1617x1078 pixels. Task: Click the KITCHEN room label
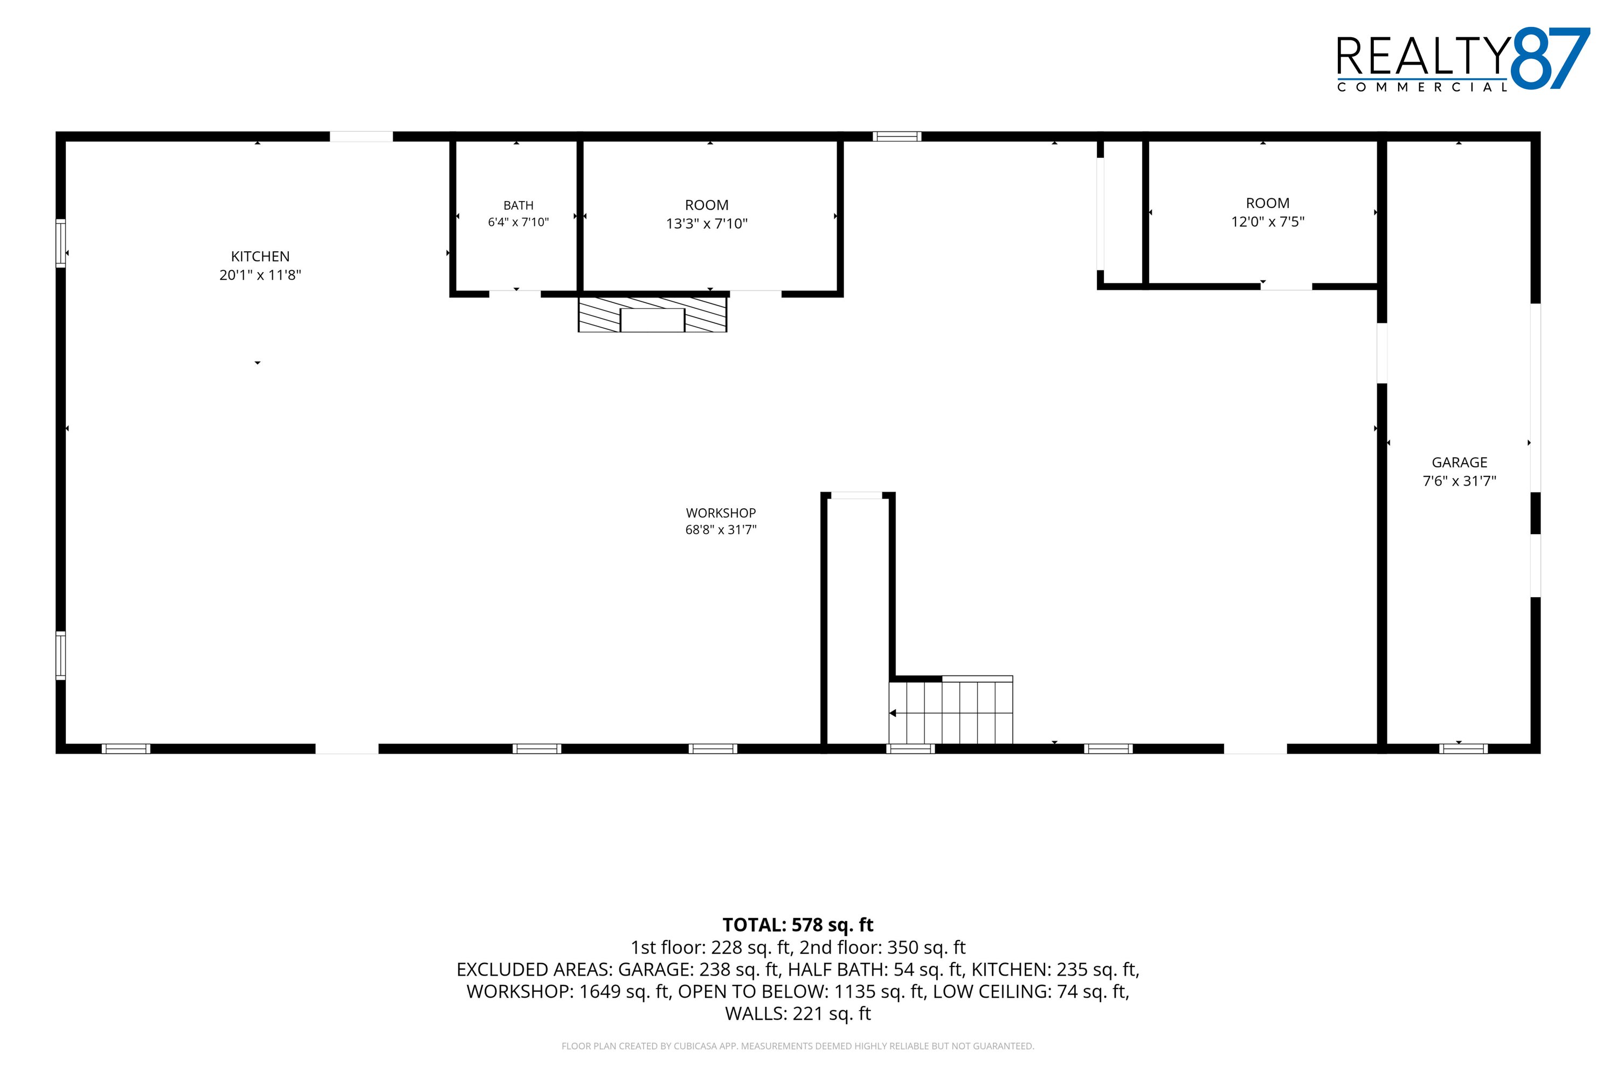tap(260, 257)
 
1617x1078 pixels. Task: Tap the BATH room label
tap(519, 205)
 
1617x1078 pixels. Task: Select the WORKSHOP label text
tap(721, 513)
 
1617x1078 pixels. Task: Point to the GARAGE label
tap(1460, 462)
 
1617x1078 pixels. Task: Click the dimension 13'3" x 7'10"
tap(707, 224)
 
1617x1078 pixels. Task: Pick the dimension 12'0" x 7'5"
tap(1268, 222)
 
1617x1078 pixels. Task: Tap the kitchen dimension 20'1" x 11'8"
tap(260, 275)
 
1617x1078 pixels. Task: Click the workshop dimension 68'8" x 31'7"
tap(721, 529)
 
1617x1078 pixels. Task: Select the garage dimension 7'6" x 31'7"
tap(1460, 481)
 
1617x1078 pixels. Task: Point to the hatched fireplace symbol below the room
tap(652, 314)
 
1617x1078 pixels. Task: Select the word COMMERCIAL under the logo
tap(1422, 87)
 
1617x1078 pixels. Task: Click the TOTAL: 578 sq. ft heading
tap(798, 925)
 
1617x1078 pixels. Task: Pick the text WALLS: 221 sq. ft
tap(798, 1013)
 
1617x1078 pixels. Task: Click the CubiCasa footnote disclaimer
tap(798, 1046)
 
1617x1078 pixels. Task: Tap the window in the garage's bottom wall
tap(1464, 749)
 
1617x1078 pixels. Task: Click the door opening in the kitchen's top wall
tap(361, 136)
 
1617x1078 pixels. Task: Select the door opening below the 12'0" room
tap(1286, 286)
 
